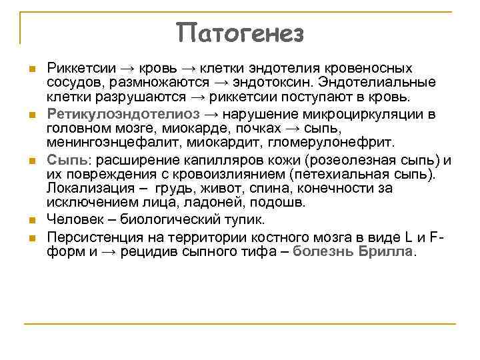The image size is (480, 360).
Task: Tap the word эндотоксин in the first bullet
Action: [276, 82]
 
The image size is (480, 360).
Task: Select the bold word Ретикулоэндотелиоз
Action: [115, 114]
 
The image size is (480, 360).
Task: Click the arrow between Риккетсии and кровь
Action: [127, 69]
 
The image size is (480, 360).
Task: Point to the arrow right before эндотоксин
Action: [221, 82]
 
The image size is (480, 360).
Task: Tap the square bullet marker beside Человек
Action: [31, 219]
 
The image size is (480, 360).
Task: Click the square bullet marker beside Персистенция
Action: [31, 238]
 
